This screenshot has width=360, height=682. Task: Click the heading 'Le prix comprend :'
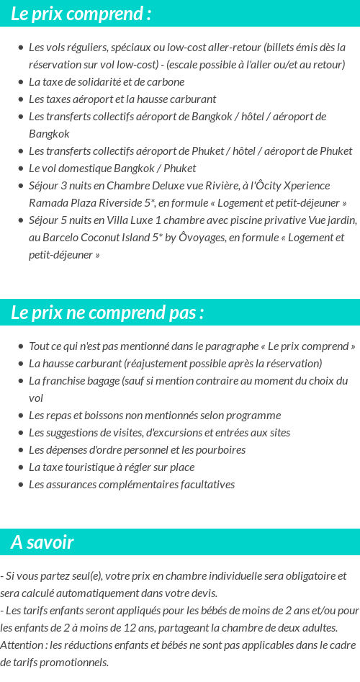point(81,14)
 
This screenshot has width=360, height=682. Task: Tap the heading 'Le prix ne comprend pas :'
point(107,313)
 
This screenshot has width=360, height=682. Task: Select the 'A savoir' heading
point(42,542)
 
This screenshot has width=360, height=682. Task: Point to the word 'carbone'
point(166,82)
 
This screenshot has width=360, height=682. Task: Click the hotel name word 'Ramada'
point(48,203)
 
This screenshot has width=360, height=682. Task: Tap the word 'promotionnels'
point(75,663)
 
